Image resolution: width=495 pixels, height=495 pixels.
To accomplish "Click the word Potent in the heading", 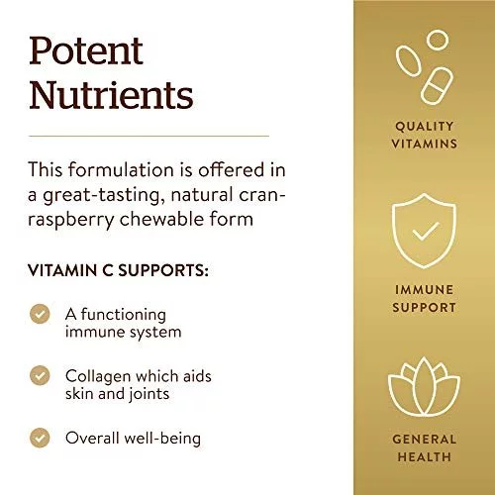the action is [86, 50].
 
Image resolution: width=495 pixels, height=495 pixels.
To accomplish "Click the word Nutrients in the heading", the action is [111, 95].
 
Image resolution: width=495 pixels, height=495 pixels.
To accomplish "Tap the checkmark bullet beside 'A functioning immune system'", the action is [40, 314].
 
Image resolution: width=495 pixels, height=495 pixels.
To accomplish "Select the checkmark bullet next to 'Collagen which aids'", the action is [40, 375].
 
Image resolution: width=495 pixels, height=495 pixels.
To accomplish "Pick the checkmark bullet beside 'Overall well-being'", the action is [40, 438].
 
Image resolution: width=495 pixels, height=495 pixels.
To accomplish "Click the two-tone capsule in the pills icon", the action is [437, 86].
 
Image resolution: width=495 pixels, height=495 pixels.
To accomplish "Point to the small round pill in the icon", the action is [438, 40].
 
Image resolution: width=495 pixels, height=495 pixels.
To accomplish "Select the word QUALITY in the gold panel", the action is [425, 126].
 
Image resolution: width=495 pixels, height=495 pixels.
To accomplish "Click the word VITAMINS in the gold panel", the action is [425, 144].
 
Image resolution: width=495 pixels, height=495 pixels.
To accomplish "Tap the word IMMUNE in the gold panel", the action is [425, 290].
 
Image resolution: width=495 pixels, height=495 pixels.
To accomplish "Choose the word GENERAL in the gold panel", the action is [425, 440].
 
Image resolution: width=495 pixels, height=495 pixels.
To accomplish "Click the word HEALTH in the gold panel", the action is [425, 457].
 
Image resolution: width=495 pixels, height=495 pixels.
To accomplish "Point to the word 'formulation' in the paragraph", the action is [121, 169].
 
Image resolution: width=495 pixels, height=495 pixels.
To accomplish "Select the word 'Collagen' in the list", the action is [98, 376].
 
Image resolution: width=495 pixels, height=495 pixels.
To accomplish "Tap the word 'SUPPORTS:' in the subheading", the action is [163, 270].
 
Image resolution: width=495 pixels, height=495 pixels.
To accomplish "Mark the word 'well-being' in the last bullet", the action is [162, 439].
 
